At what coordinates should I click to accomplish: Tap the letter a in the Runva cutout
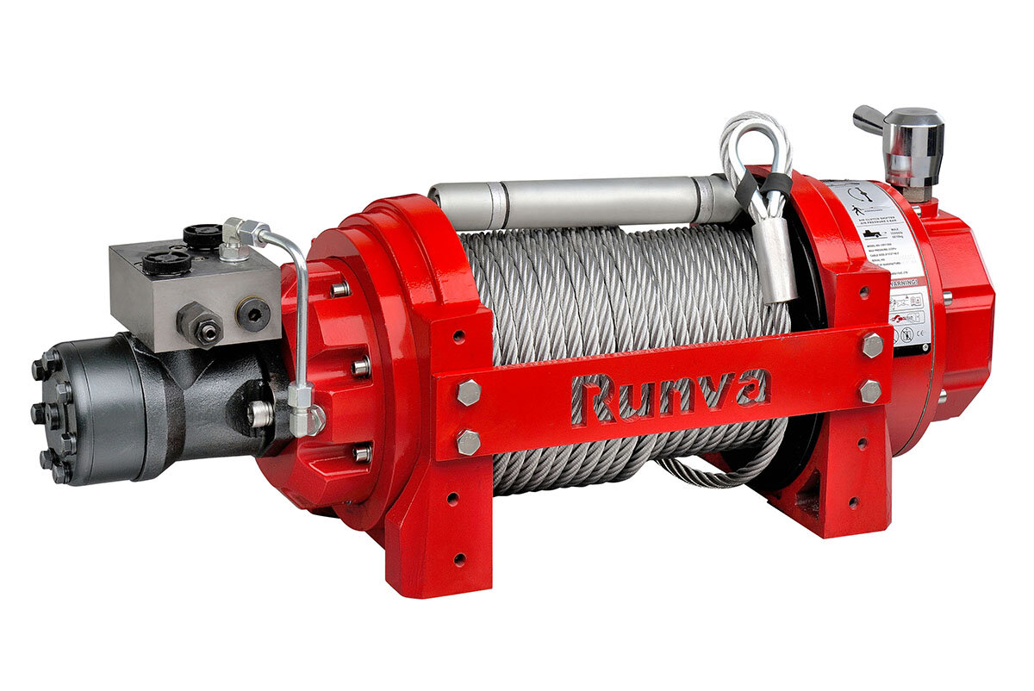click(x=747, y=388)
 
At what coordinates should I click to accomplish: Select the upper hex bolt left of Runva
click(x=468, y=392)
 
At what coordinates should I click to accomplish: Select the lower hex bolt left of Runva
click(x=468, y=442)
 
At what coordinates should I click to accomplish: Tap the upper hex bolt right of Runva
click(x=871, y=345)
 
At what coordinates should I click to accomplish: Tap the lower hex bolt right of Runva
click(x=870, y=391)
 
